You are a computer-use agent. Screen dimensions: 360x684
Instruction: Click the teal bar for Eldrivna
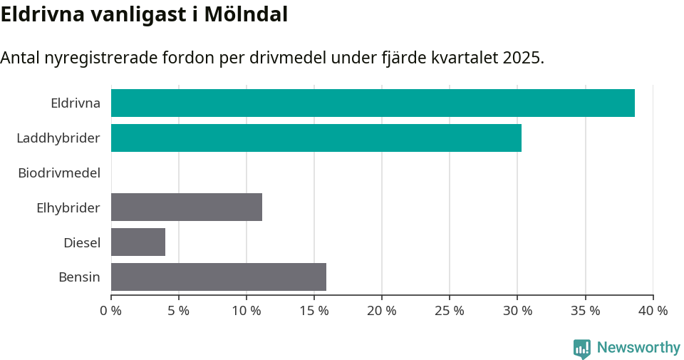click(373, 103)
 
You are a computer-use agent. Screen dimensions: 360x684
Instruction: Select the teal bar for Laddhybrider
click(316, 138)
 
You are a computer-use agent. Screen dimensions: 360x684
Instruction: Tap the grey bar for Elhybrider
click(187, 207)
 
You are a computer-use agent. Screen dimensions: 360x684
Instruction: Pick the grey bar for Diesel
click(138, 242)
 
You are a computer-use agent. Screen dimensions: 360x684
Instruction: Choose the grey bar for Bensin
click(219, 277)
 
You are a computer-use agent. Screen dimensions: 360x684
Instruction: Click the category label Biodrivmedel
click(59, 173)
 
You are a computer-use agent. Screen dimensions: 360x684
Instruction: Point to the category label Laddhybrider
click(58, 138)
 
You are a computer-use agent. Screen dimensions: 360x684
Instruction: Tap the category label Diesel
click(82, 242)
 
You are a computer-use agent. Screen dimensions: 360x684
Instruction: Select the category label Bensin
click(79, 277)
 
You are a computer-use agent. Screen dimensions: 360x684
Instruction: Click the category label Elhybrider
click(68, 207)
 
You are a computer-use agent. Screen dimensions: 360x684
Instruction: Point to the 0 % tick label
click(111, 311)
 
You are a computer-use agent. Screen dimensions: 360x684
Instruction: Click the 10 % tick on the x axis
click(247, 311)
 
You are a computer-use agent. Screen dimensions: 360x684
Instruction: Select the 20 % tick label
click(382, 311)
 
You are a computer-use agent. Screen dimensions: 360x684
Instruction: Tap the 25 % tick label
click(450, 311)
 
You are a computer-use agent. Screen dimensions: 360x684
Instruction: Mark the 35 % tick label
click(585, 311)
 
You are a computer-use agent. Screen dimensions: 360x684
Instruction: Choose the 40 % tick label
click(653, 311)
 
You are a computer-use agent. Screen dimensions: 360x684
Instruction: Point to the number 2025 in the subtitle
click(522, 58)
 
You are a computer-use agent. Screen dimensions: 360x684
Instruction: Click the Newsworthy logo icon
click(582, 348)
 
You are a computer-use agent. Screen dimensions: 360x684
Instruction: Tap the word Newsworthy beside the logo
click(638, 347)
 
